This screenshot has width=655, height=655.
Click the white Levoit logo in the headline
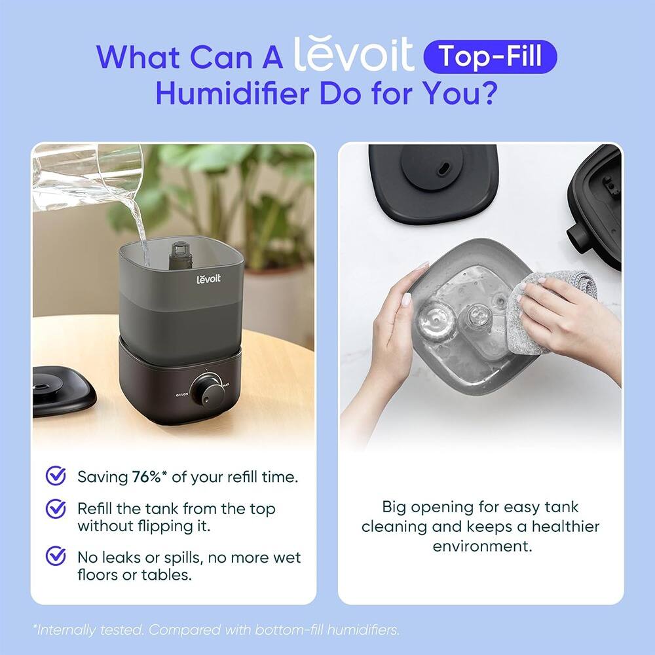click(354, 56)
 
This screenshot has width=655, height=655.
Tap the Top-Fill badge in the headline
click(491, 57)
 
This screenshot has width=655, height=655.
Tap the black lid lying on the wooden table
click(62, 391)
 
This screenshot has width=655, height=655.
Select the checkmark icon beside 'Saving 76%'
click(56, 476)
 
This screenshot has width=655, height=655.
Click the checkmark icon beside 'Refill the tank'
click(56, 508)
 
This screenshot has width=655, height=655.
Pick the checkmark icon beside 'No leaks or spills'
click(56, 557)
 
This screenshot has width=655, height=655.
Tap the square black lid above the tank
click(433, 180)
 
